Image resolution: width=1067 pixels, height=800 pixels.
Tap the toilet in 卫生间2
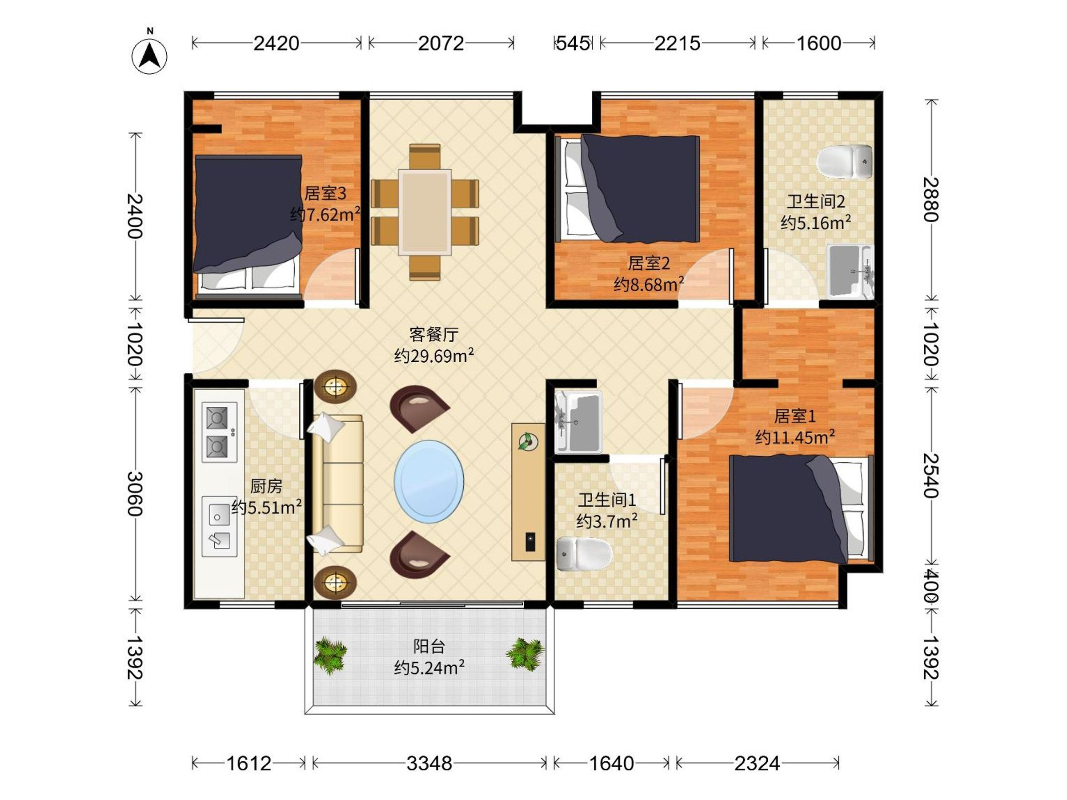click(844, 161)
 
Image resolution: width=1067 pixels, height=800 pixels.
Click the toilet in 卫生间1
click(584, 554)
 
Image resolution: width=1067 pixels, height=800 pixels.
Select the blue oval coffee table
click(429, 481)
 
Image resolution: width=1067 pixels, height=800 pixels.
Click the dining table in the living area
click(425, 212)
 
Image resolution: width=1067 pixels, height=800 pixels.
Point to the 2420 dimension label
click(277, 44)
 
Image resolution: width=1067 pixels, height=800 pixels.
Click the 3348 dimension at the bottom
click(429, 764)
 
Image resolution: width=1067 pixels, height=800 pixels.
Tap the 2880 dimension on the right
click(931, 200)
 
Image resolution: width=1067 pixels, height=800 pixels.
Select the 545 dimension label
click(573, 44)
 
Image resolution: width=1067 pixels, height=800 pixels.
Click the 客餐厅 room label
click(433, 334)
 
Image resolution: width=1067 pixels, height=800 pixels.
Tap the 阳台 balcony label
click(429, 646)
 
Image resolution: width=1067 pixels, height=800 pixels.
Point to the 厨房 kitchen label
click(266, 486)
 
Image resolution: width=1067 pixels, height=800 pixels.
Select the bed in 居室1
click(801, 508)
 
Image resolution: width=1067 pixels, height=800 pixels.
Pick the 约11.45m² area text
click(795, 437)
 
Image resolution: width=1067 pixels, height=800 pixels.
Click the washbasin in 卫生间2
click(850, 272)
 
